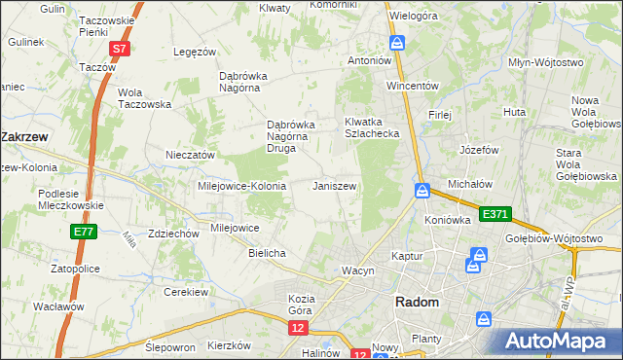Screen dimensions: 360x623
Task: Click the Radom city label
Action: [x=417, y=303]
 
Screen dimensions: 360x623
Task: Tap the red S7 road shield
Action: [x=118, y=49]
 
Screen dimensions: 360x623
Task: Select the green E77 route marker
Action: [x=83, y=232]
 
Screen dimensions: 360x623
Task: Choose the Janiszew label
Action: [x=333, y=186]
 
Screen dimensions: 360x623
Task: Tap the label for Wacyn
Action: [x=357, y=270]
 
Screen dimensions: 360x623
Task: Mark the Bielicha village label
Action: [x=267, y=253]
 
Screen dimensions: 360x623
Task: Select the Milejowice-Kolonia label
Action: [x=241, y=186]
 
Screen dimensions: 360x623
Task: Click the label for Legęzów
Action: [x=194, y=52]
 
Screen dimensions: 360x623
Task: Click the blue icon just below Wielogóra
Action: [x=397, y=43]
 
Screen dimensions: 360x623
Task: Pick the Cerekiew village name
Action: [x=187, y=292]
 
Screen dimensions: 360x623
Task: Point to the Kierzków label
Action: [x=230, y=345]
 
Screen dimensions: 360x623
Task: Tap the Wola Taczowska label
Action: [x=144, y=98]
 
